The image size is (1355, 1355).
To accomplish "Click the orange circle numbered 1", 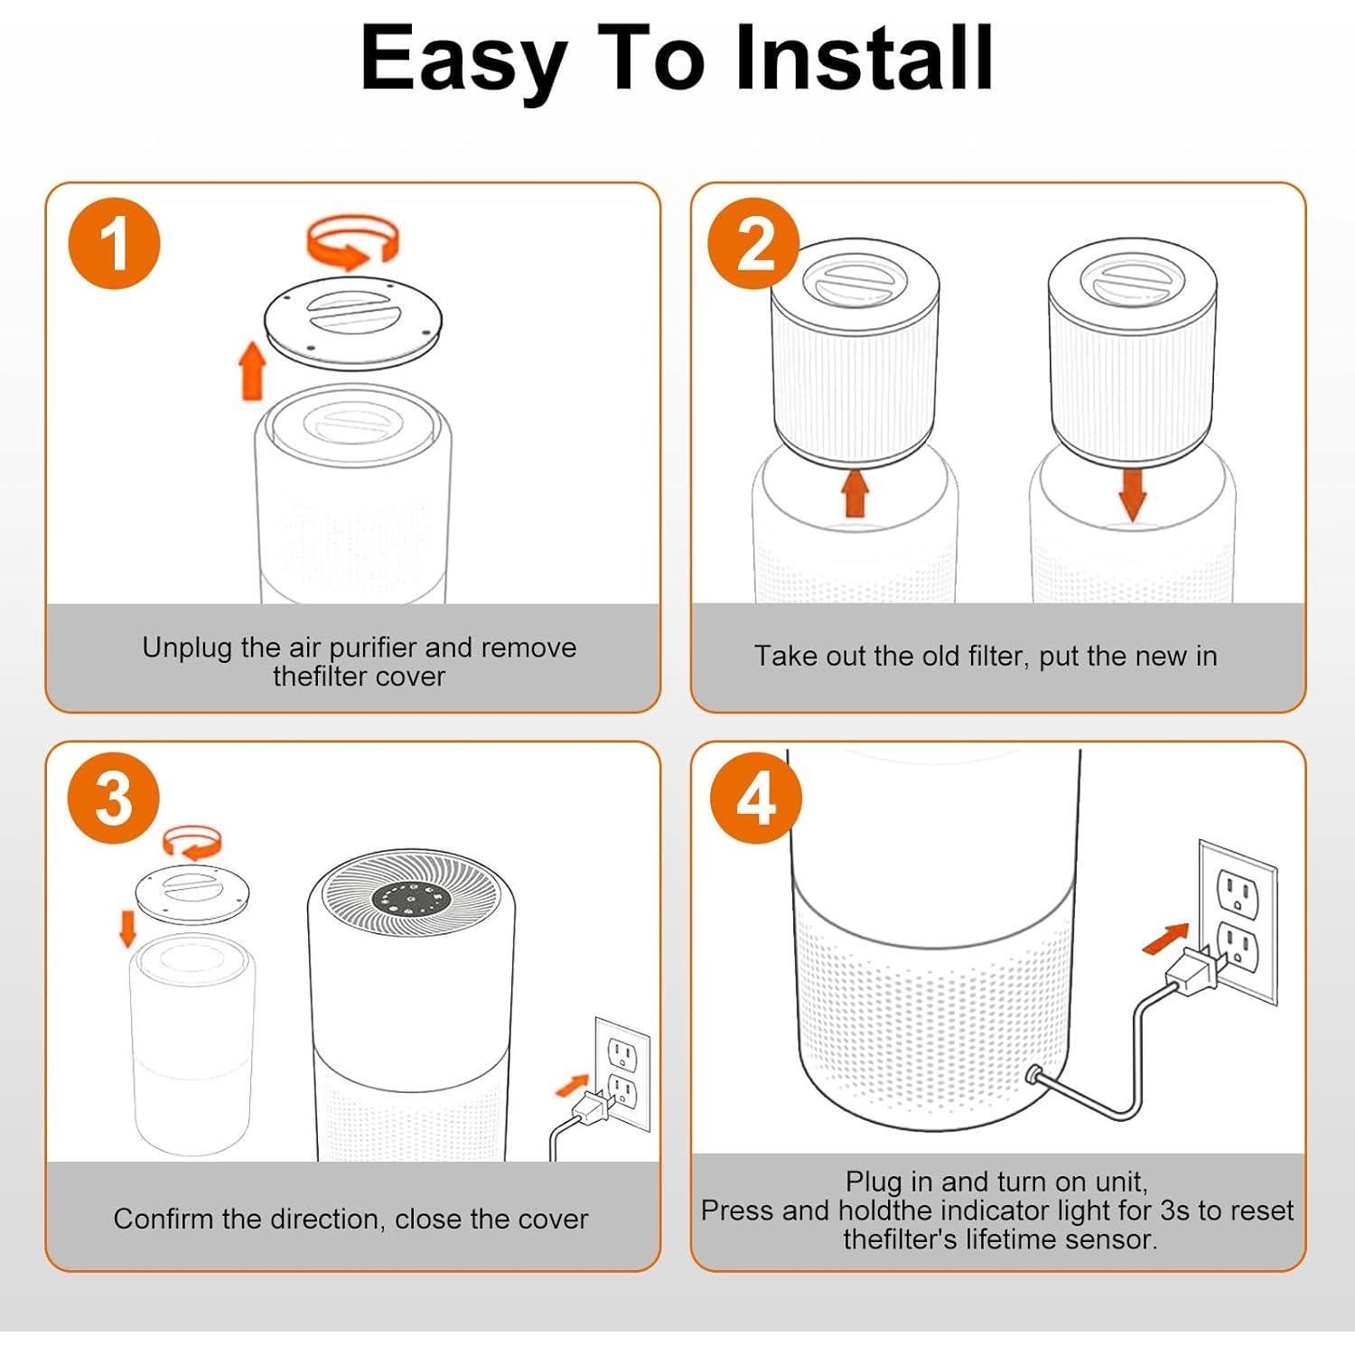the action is click(115, 244).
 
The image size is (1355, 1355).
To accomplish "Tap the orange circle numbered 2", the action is click(754, 244).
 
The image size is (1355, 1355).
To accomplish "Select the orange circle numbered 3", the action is click(115, 799).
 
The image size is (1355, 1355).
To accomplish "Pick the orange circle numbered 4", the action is click(756, 799).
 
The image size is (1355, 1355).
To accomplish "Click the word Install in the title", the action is click(864, 58).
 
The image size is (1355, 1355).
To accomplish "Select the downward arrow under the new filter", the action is click(1132, 495).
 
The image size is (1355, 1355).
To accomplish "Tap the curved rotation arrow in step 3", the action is click(193, 843).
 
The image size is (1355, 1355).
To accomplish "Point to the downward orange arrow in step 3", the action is click(128, 929).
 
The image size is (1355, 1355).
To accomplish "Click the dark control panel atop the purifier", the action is click(410, 899).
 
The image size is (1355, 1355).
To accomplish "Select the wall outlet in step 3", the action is click(621, 1075).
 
